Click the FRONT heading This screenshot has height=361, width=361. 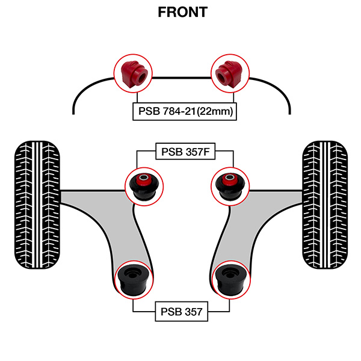(x=180, y=12)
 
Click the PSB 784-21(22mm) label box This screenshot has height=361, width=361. (x=181, y=112)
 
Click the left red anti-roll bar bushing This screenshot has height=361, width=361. (x=133, y=72)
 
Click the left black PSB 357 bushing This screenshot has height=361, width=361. (x=133, y=280)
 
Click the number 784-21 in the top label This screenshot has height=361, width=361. (x=176, y=112)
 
